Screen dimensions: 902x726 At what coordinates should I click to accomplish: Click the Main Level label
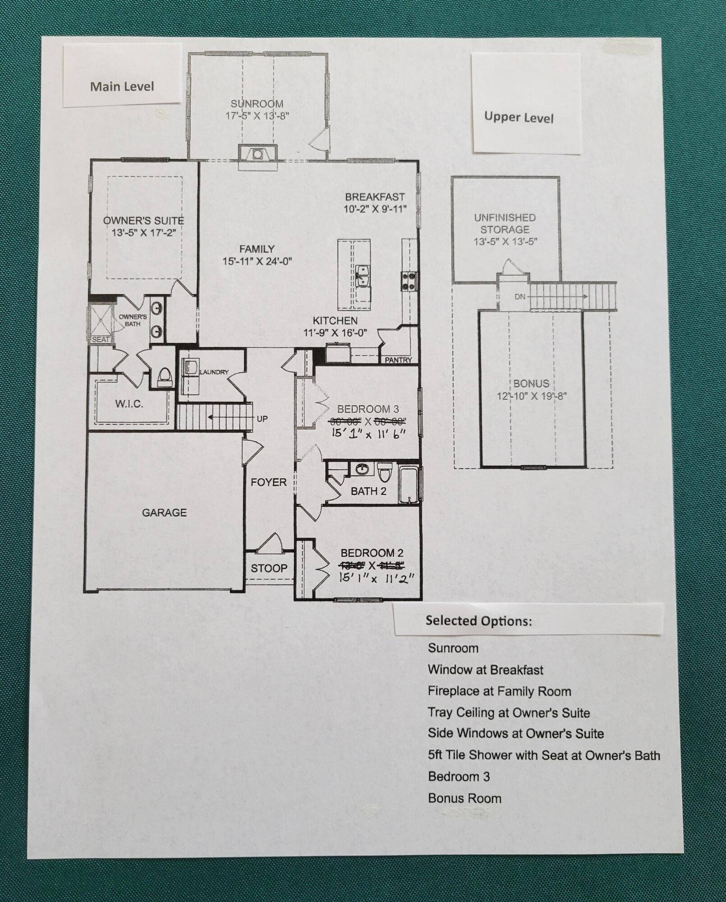click(x=122, y=86)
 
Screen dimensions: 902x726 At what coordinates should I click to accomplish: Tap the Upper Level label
click(x=519, y=117)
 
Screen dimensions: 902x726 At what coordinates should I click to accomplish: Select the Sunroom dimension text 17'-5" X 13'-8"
click(x=257, y=116)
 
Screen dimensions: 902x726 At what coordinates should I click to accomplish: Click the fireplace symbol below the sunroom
click(x=257, y=154)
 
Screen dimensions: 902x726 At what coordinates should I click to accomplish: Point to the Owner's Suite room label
click(x=143, y=221)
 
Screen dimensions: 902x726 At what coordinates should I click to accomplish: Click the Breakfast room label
click(x=375, y=197)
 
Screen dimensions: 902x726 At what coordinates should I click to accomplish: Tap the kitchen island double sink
click(x=363, y=276)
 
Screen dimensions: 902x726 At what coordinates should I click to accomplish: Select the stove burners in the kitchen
click(x=409, y=281)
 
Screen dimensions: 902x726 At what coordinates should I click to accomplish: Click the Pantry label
click(x=398, y=360)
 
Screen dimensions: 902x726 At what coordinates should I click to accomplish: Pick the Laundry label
click(x=214, y=372)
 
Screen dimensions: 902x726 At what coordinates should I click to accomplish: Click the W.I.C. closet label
click(x=129, y=404)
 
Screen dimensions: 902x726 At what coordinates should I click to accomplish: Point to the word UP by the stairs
click(x=262, y=419)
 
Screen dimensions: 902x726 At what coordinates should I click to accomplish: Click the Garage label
click(x=164, y=513)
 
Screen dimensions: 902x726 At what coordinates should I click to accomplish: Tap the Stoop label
click(x=269, y=568)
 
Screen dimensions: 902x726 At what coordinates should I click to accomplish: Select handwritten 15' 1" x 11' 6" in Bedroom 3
click(x=368, y=434)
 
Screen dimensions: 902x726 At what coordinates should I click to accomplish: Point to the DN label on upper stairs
click(x=519, y=297)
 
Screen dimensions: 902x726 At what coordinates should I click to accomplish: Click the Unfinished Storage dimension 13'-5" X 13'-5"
click(x=505, y=242)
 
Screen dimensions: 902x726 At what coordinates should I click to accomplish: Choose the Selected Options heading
click(x=478, y=621)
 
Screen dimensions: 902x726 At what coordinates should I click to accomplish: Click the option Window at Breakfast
click(x=485, y=670)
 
